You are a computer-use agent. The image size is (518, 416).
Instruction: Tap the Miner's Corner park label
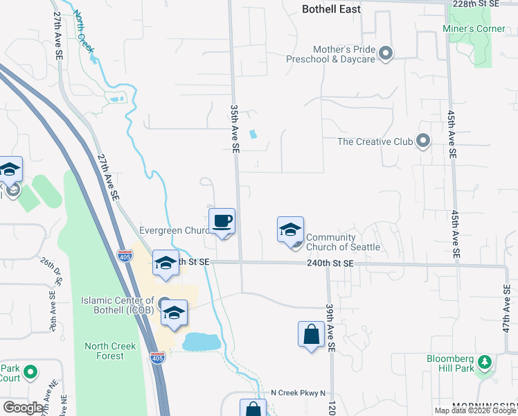coord(474,28)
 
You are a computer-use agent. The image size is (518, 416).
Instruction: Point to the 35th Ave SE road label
coord(235,128)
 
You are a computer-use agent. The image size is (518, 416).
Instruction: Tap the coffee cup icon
coord(222,222)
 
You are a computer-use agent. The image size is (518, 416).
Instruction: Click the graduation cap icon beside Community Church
coord(290,231)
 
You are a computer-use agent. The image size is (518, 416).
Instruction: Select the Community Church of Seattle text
coord(343,242)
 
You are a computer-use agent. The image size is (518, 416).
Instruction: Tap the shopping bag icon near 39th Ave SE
coord(311,334)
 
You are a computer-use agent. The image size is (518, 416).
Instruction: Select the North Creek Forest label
coord(104,351)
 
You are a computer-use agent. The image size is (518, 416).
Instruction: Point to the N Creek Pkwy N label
coord(298,393)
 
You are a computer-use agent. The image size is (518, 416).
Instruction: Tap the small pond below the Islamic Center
coord(201,341)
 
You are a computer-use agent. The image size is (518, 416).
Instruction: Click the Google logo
coord(23,408)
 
